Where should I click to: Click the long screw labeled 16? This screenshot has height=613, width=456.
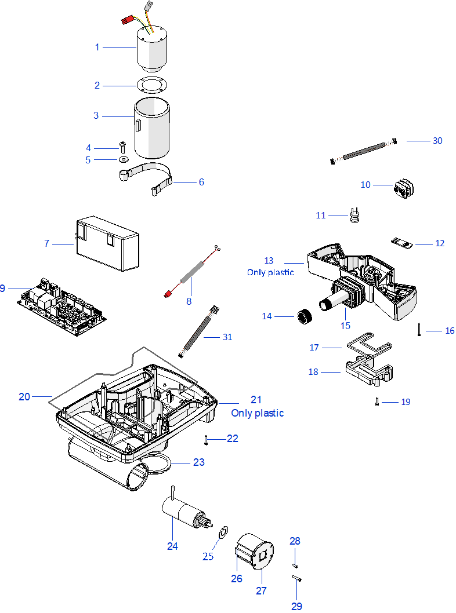coord(418,330)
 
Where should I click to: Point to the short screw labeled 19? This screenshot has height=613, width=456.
coord(377,400)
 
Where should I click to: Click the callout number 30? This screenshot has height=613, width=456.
coord(437,141)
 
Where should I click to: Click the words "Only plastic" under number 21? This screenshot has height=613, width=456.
coord(258,413)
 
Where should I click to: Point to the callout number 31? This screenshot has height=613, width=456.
coord(227,337)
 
